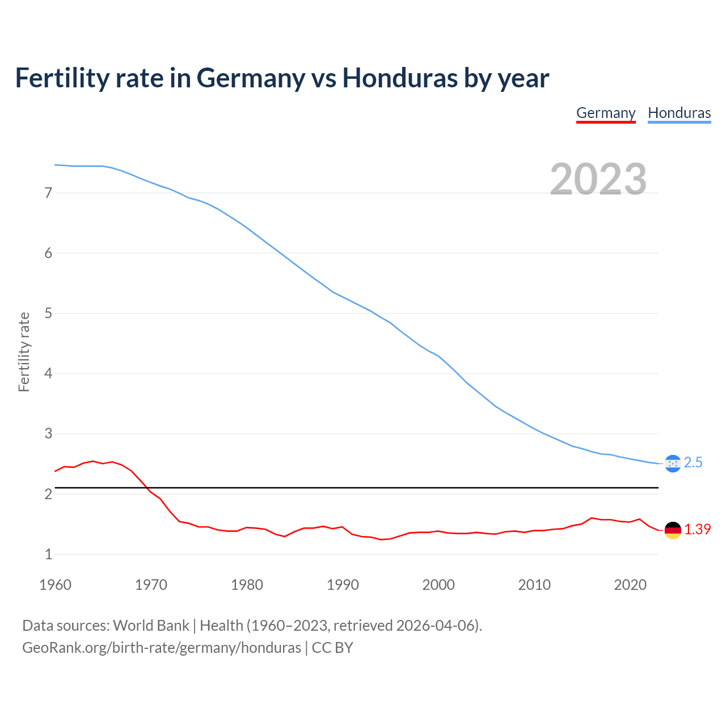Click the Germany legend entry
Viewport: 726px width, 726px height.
tap(606, 113)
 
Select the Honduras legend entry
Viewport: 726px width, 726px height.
tap(679, 113)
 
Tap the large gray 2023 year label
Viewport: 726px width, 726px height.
tap(598, 179)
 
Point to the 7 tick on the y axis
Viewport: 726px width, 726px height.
tap(48, 193)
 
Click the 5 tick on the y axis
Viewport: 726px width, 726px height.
tap(48, 313)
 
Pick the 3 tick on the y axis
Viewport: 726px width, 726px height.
tap(48, 434)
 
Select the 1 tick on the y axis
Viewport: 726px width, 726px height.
tap(48, 554)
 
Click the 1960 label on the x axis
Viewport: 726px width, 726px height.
tap(55, 585)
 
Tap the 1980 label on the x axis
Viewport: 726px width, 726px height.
tap(247, 585)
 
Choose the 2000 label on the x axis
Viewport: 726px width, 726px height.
tap(438, 585)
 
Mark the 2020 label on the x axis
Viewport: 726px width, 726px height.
tap(630, 585)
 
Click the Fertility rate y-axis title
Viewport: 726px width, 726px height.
tap(24, 352)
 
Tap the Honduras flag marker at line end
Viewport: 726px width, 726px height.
tap(673, 463)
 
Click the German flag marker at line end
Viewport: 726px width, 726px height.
tap(673, 530)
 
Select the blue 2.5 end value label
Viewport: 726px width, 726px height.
tap(693, 463)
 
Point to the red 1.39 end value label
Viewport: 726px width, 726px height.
tap(697, 529)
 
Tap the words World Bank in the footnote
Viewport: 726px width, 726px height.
tap(151, 626)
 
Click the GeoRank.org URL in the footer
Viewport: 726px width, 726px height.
tap(162, 648)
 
